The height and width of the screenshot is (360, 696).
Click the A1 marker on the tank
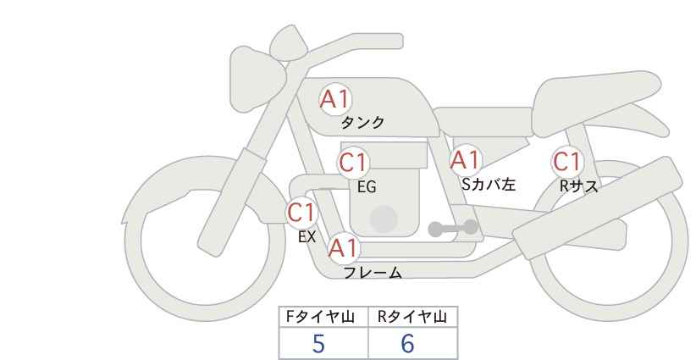click(x=335, y=99)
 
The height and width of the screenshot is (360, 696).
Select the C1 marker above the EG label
click(x=354, y=163)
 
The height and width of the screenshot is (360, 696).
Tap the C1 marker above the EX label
click(x=301, y=213)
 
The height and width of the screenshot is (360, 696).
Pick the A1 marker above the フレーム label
click(x=343, y=248)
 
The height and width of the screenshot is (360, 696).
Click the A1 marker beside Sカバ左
click(x=465, y=160)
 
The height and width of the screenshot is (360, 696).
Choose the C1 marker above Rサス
click(x=567, y=162)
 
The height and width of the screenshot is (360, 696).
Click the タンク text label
click(x=362, y=122)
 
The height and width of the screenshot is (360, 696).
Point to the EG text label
click(x=367, y=187)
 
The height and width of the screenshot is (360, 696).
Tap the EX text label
click(x=307, y=237)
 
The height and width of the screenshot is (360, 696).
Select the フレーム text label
click(x=373, y=273)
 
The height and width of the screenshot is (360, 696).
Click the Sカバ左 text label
click(x=489, y=184)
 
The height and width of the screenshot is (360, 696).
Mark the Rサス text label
click(x=578, y=186)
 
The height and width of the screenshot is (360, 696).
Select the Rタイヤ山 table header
click(x=412, y=317)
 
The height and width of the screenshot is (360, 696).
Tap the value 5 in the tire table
click(x=318, y=344)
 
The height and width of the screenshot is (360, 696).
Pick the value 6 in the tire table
click(x=407, y=344)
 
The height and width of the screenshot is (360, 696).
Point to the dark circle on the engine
click(x=384, y=219)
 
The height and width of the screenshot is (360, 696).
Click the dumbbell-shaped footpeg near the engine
click(x=453, y=228)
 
